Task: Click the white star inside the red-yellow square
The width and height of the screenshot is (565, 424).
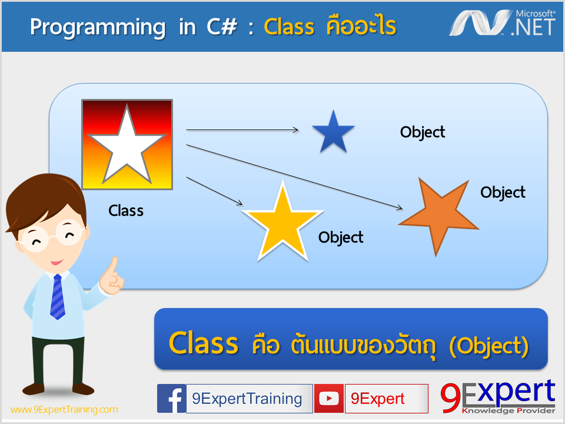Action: tap(127, 148)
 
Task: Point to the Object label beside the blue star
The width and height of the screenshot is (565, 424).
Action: tap(423, 132)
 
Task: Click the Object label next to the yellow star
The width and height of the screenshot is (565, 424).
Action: tap(341, 237)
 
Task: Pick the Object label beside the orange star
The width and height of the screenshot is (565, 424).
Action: tap(503, 193)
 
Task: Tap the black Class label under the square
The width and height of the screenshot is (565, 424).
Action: tap(126, 211)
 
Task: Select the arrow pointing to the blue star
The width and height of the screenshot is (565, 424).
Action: tap(242, 130)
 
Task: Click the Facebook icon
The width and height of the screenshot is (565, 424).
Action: tap(171, 399)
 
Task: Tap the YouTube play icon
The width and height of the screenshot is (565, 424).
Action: tap(328, 399)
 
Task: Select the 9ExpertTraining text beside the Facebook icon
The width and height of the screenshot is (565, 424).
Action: tap(247, 399)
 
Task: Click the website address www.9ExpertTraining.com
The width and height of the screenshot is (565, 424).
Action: tap(64, 410)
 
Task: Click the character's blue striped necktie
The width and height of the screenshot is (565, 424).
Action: tap(57, 297)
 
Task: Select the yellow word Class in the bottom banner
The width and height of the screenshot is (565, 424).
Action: tap(203, 343)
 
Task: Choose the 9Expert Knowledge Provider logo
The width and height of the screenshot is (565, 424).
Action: tap(498, 396)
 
